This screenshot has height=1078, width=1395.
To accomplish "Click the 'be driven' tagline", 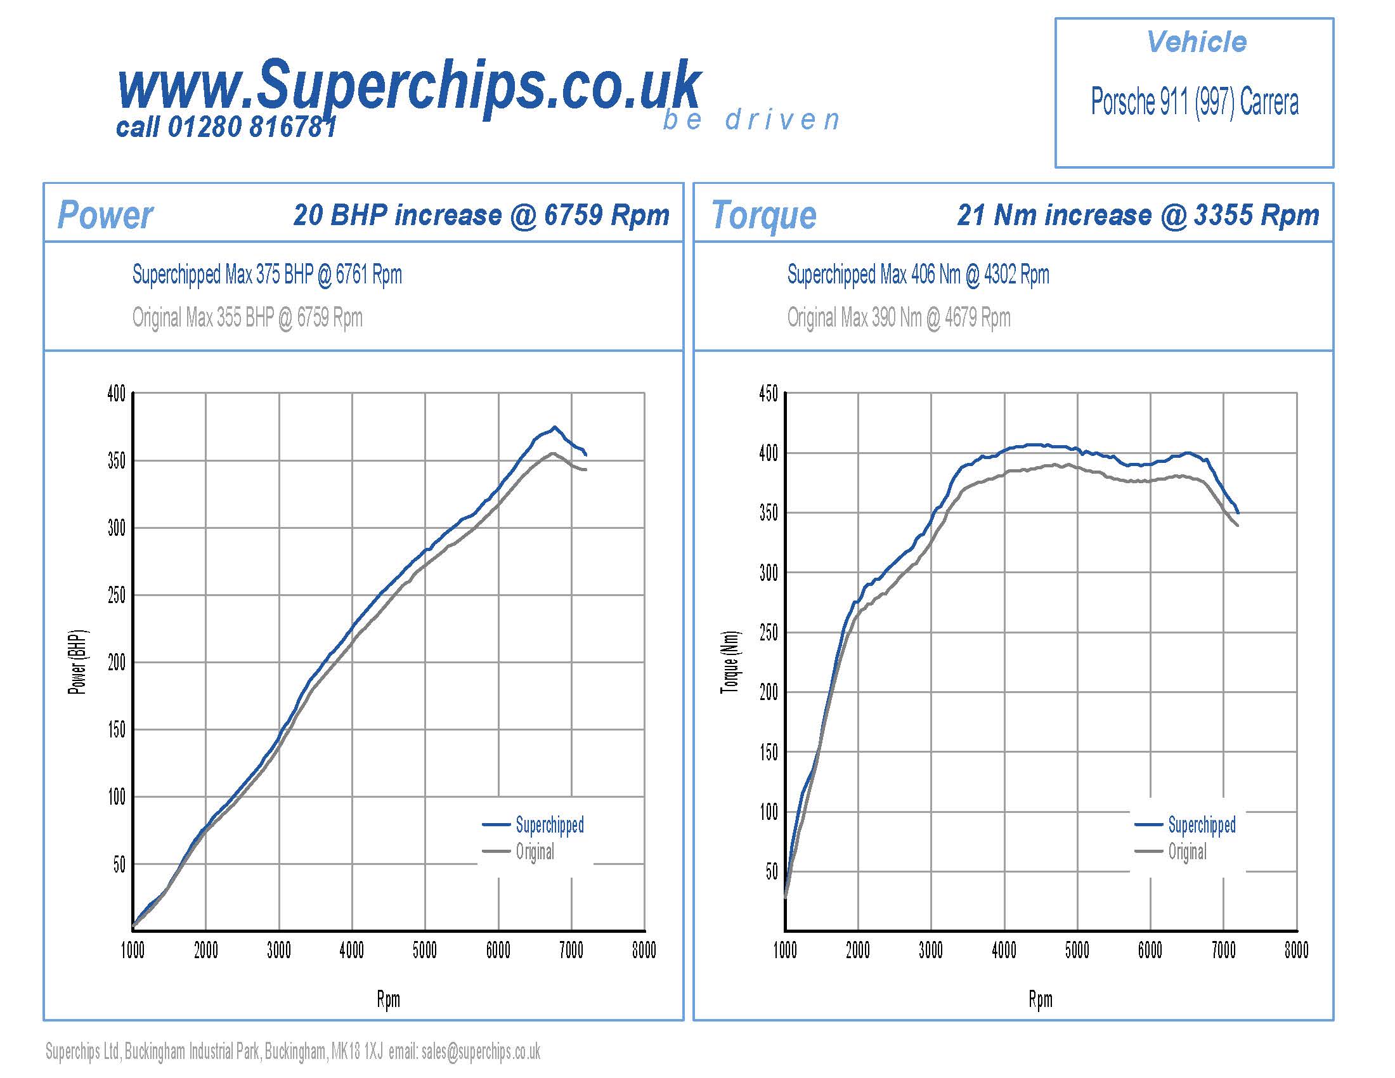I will coord(751,120).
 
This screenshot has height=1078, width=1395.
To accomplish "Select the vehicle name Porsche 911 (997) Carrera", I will coord(1194,102).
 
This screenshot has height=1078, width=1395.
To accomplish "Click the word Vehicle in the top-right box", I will coord(1196,42).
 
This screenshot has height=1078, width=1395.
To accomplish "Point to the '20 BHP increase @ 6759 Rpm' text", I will coord(481,215).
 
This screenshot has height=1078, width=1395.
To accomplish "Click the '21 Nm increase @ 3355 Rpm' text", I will coord(1138,215).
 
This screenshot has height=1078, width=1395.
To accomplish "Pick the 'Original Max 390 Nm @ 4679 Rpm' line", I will coord(898,318).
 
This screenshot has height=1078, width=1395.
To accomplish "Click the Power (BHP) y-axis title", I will coord(78,662).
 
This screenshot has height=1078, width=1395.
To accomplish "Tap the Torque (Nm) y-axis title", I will coord(730,662).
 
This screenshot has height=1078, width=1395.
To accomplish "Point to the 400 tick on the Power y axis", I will coord(116,394).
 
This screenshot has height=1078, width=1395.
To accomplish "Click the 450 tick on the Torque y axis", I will coord(769,394).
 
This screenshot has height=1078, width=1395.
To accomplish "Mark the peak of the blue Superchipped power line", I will coord(554,427).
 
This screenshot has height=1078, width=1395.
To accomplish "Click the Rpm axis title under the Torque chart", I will coord(1040,999).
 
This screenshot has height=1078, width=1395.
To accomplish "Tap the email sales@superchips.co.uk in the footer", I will coord(481,1051).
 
